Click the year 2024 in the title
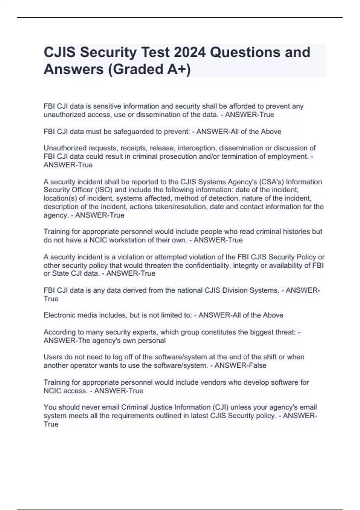190,52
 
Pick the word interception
196,148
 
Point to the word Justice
159,407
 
